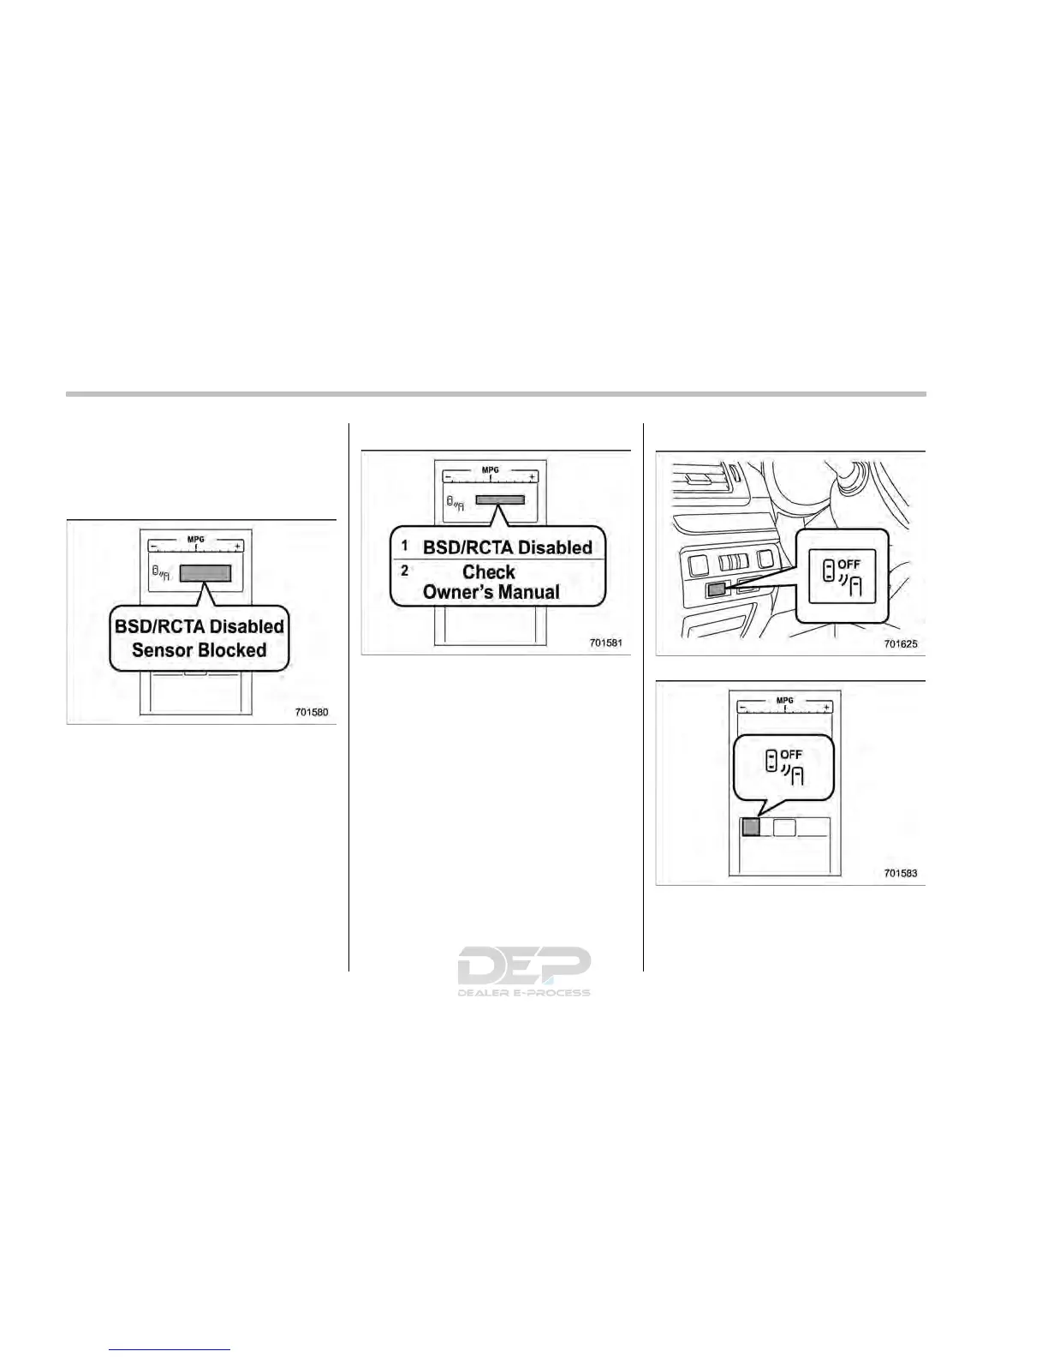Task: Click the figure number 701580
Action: click(x=312, y=712)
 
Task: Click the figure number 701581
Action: click(x=605, y=643)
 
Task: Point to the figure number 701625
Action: click(x=900, y=643)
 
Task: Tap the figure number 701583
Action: click(x=900, y=873)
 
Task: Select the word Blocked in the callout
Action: click(x=233, y=650)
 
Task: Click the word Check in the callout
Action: click(x=489, y=571)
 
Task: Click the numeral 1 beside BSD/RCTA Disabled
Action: click(x=405, y=546)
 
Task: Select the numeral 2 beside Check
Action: click(x=405, y=571)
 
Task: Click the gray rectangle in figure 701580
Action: click(x=205, y=573)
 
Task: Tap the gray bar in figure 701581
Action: click(x=500, y=499)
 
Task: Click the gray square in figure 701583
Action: click(x=750, y=827)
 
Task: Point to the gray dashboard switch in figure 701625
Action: click(x=717, y=589)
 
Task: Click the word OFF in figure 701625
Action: click(x=849, y=564)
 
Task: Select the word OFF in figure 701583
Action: click(x=791, y=755)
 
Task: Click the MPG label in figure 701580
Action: click(x=196, y=540)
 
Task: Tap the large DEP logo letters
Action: click(x=523, y=966)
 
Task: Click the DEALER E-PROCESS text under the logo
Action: click(x=523, y=993)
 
